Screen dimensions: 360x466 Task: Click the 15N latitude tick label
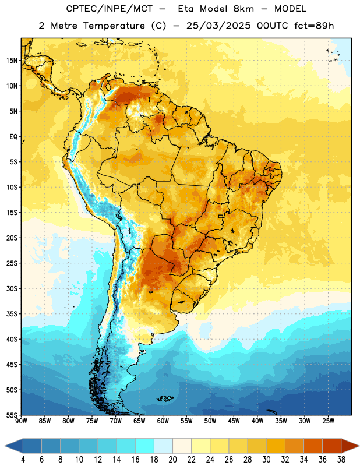[x=12, y=61]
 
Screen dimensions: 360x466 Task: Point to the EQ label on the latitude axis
[x=13, y=137]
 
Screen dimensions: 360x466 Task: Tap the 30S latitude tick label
[x=12, y=288]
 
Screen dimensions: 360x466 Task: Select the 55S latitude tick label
[x=12, y=415]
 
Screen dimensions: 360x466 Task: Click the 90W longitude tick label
[x=21, y=421]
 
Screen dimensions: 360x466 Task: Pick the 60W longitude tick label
[x=163, y=421]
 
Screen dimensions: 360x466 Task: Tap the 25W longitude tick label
[x=328, y=421]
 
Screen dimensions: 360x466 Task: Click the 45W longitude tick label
[x=234, y=421]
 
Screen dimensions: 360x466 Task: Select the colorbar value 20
[x=172, y=460]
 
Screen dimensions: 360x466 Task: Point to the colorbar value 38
[x=341, y=460]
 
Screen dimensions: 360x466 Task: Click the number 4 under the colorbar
[x=23, y=460]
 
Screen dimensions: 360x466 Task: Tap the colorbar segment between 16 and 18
[x=145, y=446]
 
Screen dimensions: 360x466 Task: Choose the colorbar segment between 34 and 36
[x=313, y=446]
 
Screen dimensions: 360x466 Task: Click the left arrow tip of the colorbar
[x=5, y=446]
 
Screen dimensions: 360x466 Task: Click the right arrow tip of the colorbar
[x=359, y=446]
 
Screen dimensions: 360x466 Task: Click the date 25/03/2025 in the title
[x=218, y=26]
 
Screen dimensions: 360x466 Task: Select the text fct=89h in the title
[x=314, y=26]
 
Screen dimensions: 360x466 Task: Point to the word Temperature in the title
[x=114, y=26]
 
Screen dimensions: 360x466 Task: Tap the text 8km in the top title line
[x=243, y=9]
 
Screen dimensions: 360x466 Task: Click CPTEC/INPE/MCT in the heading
[x=109, y=9]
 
